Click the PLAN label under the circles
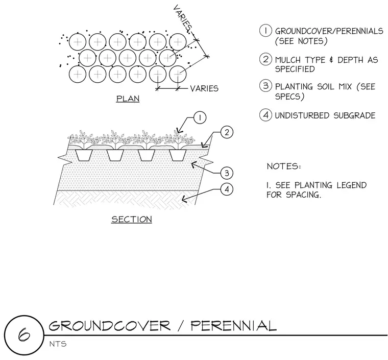point(128,99)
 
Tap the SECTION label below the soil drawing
point(132,219)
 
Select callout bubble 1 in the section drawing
point(200,117)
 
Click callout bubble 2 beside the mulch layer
point(227,132)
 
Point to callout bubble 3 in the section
point(227,173)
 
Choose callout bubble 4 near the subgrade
point(227,189)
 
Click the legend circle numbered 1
point(265,31)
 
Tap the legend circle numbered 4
point(265,115)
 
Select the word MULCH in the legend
point(288,60)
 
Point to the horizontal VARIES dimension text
point(204,88)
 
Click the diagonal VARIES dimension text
point(182,18)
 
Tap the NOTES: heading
point(284,166)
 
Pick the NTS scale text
point(58,344)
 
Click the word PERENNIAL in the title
point(234,326)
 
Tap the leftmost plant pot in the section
point(84,155)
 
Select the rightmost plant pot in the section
point(178,155)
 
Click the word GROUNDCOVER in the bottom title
point(110,326)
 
